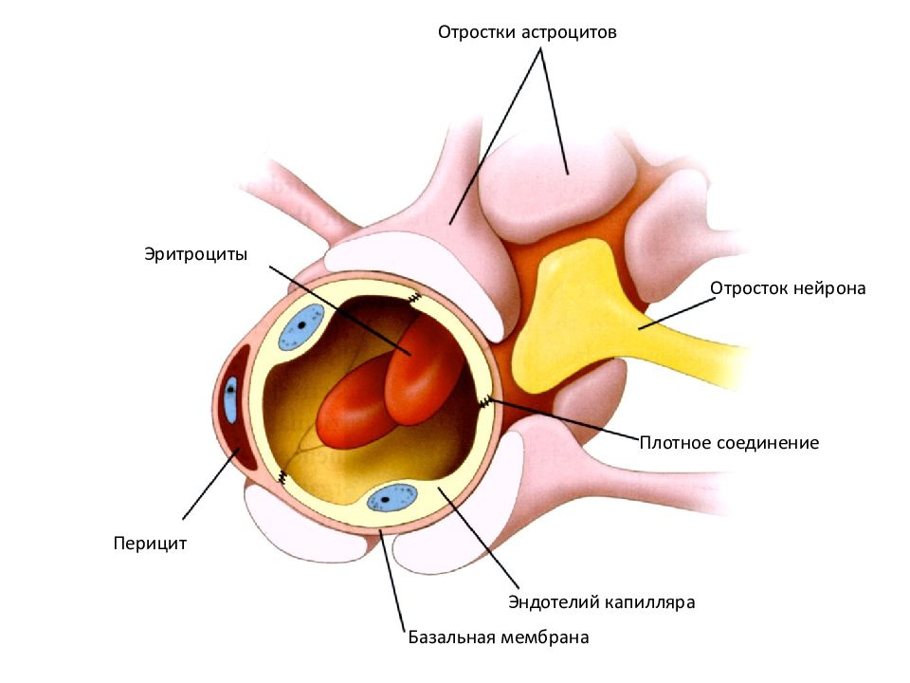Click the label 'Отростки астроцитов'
tap(527, 32)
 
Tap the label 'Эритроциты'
tap(195, 254)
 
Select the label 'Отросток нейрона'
tap(788, 288)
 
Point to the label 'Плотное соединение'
tap(729, 443)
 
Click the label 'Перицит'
tap(150, 544)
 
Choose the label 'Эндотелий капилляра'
tap(601, 601)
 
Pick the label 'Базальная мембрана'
tap(499, 637)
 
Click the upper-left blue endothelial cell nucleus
tap(301, 327)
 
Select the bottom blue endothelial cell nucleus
tap(392, 498)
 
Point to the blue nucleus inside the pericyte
tap(231, 399)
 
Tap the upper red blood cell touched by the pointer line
tap(424, 372)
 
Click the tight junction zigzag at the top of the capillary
tap(414, 299)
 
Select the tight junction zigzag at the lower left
tap(282, 477)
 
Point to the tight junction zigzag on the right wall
tap(485, 401)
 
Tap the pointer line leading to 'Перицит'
tap(211, 483)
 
